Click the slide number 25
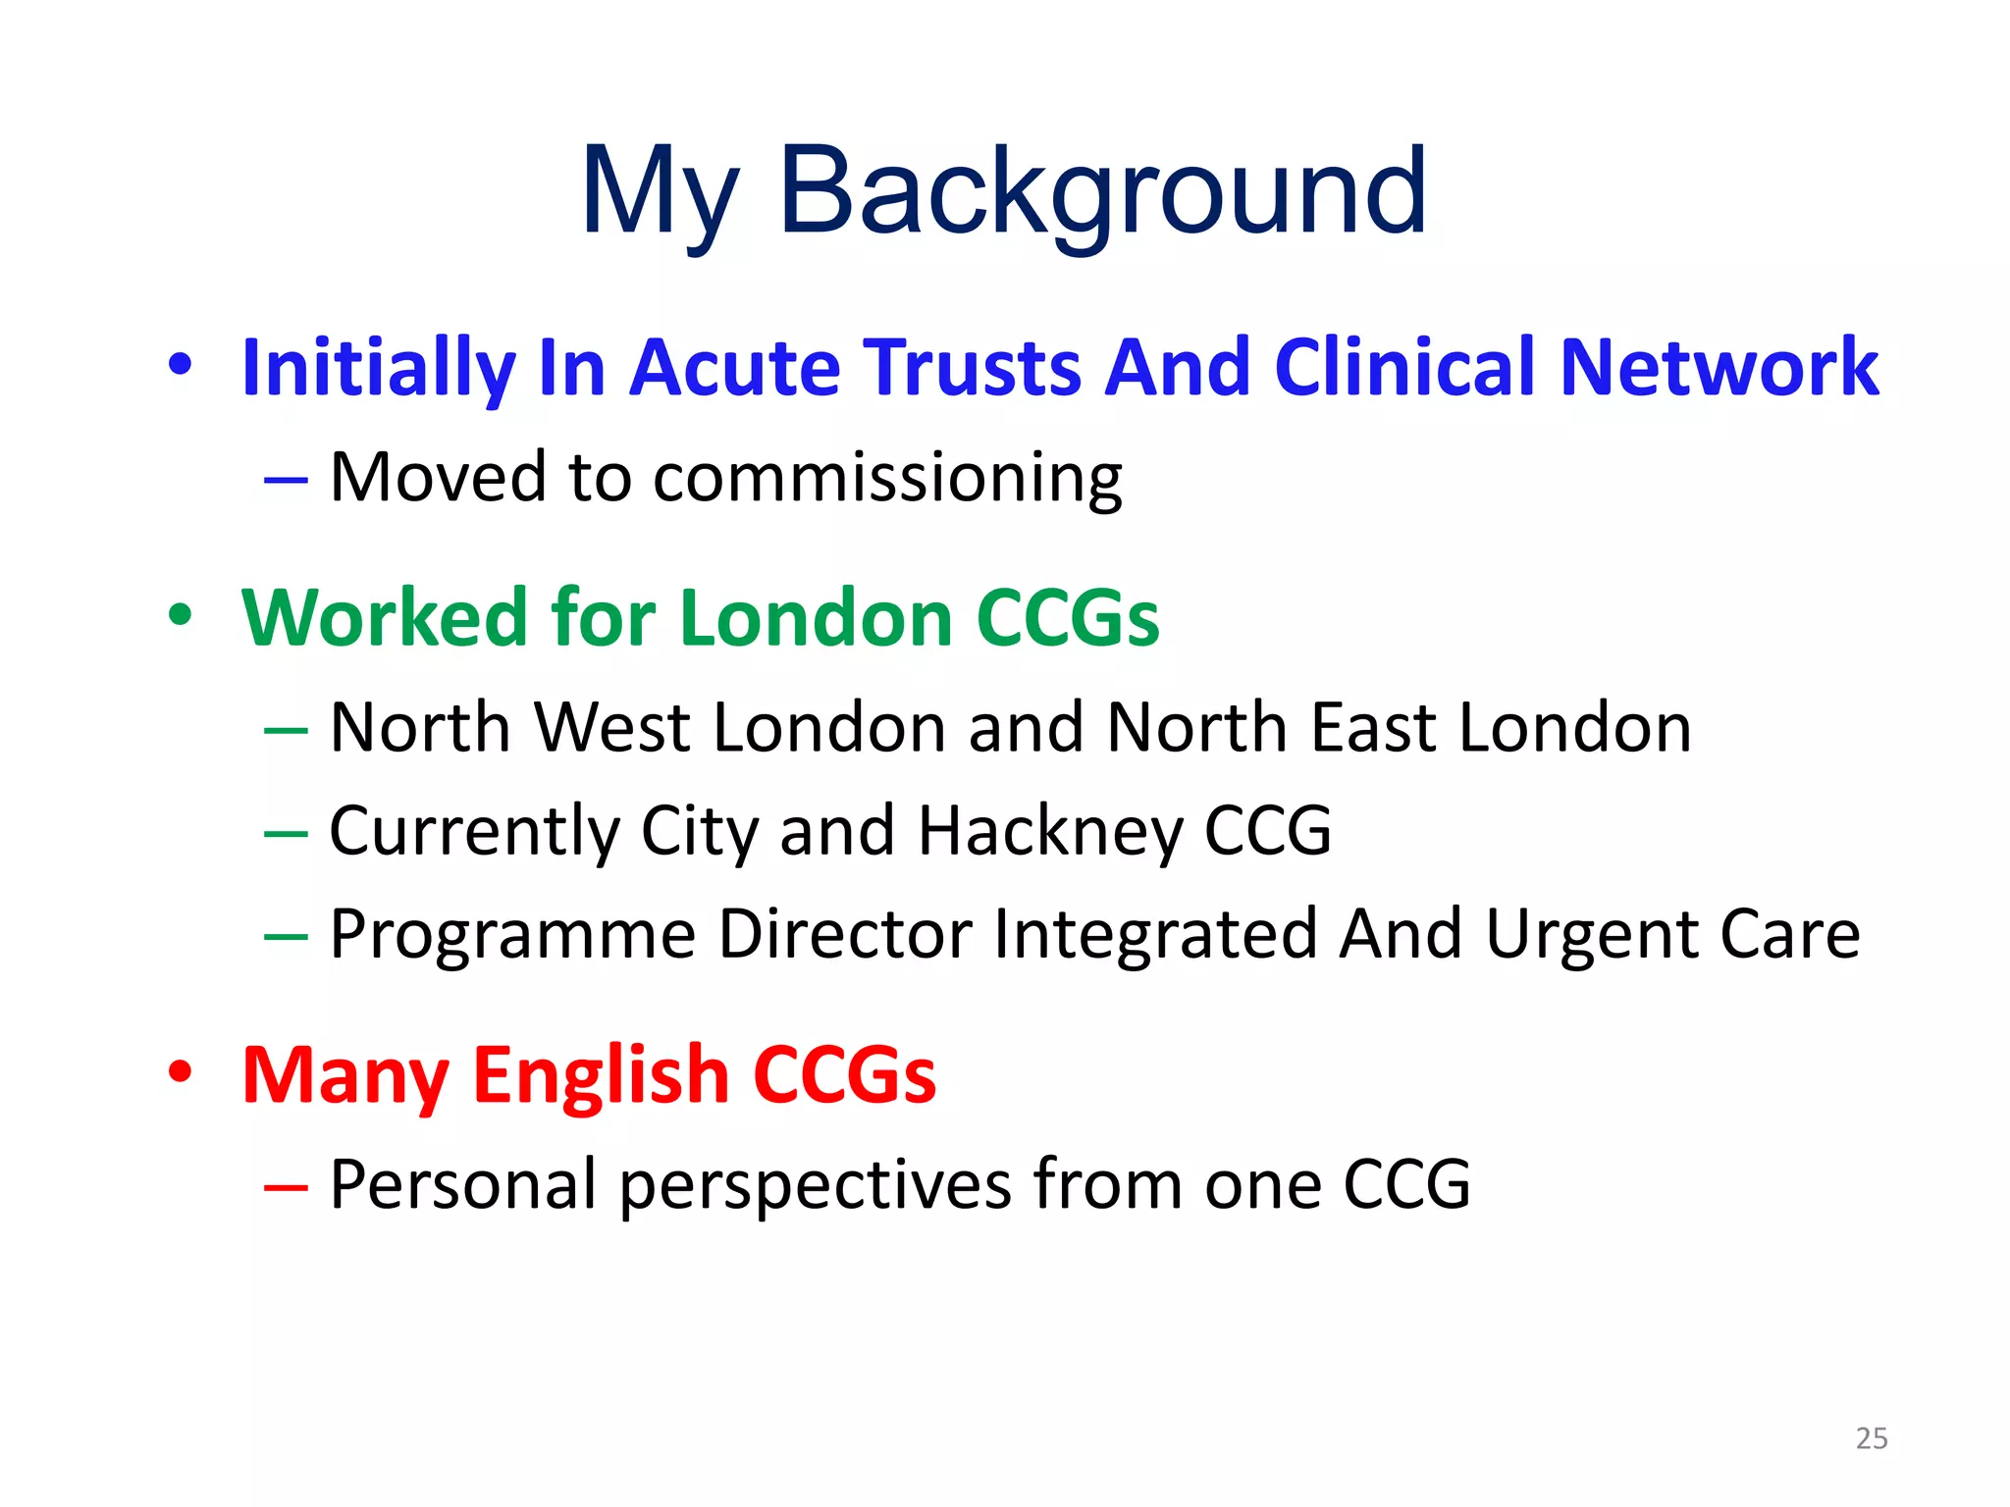pyautogui.click(x=1872, y=1438)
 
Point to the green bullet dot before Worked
pyautogui.click(x=181, y=615)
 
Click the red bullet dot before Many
pyautogui.click(x=181, y=1071)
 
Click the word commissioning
pyautogui.click(x=887, y=478)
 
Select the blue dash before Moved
pyautogui.click(x=286, y=481)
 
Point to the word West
pyautogui.click(x=612, y=728)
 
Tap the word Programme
pyautogui.click(x=512, y=934)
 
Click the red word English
pyautogui.click(x=601, y=1074)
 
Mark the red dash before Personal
pyautogui.click(x=286, y=1188)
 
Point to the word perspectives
pyautogui.click(x=815, y=1185)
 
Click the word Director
pyautogui.click(x=845, y=934)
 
